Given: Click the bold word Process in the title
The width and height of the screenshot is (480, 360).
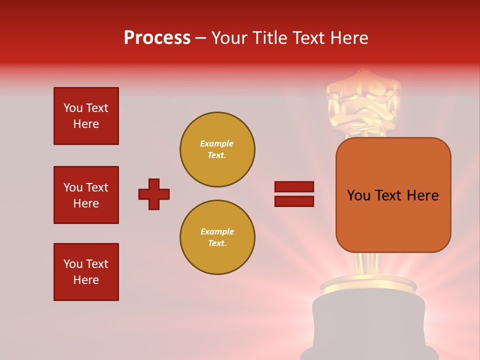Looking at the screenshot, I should [157, 38].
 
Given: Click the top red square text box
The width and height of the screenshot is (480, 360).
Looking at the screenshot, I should [86, 116].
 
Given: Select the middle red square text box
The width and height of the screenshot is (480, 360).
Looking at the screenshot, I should [86, 195].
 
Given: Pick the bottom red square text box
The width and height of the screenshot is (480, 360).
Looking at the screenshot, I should [86, 272].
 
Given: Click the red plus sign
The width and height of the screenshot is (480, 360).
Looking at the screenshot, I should [154, 194].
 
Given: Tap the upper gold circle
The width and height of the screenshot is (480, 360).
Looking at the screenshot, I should [217, 149].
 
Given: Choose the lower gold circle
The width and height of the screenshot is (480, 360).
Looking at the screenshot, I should [217, 237].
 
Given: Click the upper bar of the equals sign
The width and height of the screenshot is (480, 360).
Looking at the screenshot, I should [294, 187].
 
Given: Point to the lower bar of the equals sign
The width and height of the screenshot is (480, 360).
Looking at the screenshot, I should [294, 201].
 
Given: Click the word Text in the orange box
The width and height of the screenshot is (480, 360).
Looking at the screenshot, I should [392, 195].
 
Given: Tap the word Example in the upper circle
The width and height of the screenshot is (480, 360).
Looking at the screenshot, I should [216, 143].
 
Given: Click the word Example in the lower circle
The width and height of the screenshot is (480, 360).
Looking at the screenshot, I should [217, 231].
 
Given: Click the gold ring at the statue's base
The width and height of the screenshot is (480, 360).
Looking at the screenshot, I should [368, 284].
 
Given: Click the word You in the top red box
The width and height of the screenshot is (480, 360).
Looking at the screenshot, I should [72, 108].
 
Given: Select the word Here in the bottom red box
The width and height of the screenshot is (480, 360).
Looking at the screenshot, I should [86, 280].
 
